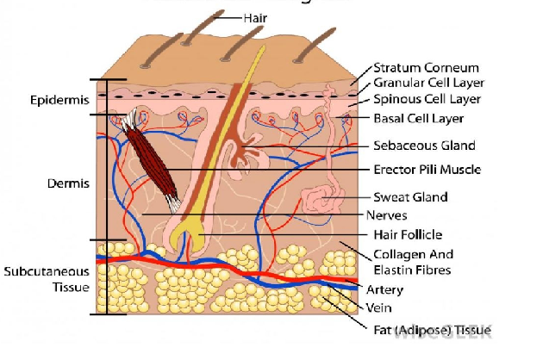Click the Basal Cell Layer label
tap(418, 118)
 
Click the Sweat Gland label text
tap(410, 197)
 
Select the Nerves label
tap(387, 215)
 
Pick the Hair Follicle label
tap(408, 234)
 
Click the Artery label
tap(384, 289)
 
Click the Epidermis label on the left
tap(59, 100)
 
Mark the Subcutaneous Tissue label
tap(47, 278)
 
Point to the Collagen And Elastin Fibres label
tap(413, 263)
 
